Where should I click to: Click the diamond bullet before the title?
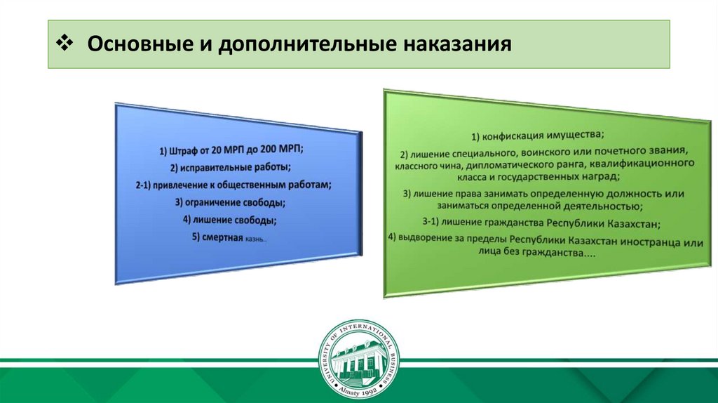coord(65,43)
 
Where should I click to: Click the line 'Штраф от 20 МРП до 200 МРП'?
coord(231,150)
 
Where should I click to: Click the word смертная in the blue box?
coord(222,237)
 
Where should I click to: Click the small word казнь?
coord(256,239)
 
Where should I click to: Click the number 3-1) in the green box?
coord(431,223)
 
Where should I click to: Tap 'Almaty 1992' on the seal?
coord(358,390)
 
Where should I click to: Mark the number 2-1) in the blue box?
coord(142,185)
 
